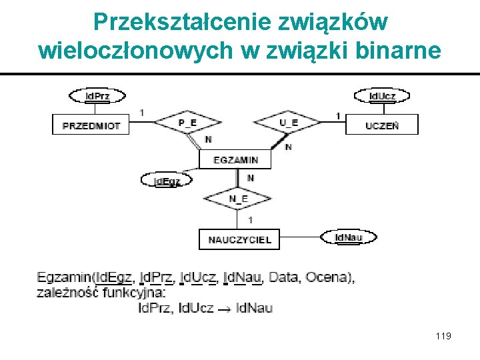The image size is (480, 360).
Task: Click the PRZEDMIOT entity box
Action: (x=91, y=125)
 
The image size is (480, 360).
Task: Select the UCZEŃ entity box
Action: (x=382, y=125)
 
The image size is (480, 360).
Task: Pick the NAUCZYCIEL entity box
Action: (x=239, y=239)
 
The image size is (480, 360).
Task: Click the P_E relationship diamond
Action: (x=187, y=123)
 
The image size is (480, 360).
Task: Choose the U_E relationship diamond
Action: (x=288, y=123)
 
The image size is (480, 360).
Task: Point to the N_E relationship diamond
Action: (x=238, y=199)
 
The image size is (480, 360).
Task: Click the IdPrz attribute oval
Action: (x=98, y=96)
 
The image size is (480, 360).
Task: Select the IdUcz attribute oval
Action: (x=382, y=96)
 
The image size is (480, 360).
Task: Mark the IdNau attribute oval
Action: (x=348, y=237)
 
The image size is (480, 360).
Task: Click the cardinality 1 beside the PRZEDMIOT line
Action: (x=141, y=112)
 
